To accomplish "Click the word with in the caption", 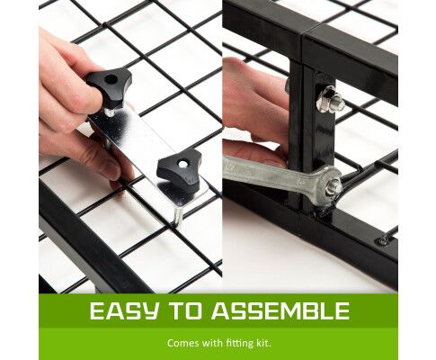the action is (x=209, y=343).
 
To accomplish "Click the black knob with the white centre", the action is (x=180, y=170).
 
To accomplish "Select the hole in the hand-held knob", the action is (x=111, y=79).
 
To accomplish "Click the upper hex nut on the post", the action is (x=330, y=99).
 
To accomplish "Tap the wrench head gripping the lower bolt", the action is (x=330, y=185).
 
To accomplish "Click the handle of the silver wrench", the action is (x=270, y=173).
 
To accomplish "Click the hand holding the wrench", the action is (x=254, y=111).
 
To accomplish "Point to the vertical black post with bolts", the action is (x=312, y=135).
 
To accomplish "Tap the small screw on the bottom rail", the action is (x=382, y=240).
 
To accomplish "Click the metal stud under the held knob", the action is (x=111, y=112).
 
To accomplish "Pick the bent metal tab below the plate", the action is (x=178, y=218).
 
